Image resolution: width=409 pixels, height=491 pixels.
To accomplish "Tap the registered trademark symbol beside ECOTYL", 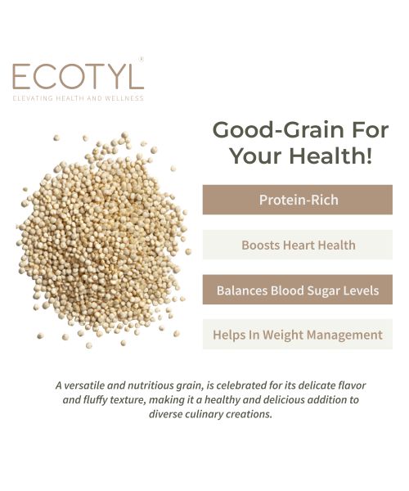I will coord(142,59).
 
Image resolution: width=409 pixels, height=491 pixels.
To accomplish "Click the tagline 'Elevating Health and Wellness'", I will coord(78,98).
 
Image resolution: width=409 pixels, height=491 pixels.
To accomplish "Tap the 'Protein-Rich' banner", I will coord(298,200).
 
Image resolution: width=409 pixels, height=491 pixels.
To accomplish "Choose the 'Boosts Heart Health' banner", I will coord(298,245).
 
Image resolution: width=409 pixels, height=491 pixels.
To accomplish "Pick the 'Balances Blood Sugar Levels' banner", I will coord(298,290).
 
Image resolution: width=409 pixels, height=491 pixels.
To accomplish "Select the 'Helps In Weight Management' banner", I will coord(298,335).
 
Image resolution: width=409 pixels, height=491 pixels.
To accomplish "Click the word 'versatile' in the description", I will coord(89,385).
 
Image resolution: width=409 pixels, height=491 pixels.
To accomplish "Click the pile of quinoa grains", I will coord(102,237).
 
